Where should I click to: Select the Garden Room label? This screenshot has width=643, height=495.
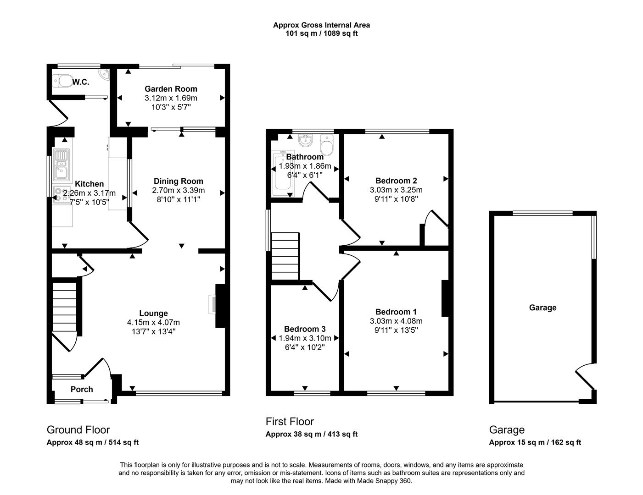pos(171,88)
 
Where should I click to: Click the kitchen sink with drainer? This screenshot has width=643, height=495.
pos(62,165)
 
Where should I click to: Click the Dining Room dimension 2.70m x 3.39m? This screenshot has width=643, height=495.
pos(179,190)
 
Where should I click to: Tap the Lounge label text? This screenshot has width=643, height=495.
pos(154,313)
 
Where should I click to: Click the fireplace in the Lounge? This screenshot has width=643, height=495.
pos(219,306)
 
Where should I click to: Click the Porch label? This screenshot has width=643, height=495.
pos(82,389)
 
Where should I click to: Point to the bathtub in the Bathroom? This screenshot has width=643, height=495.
pos(283,173)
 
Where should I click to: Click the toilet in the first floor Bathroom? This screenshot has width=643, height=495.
pos(327,145)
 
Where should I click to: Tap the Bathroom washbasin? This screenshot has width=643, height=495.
pos(305,140)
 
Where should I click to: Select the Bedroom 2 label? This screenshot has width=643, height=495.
pos(396,181)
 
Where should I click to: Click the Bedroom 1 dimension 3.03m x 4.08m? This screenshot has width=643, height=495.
pos(396,321)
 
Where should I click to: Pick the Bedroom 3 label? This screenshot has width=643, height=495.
pos(305,329)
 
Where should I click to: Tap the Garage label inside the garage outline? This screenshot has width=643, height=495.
pos(542,308)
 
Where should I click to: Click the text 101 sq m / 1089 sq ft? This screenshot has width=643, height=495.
pos(321,33)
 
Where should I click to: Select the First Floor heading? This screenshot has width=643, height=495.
pos(290,421)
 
